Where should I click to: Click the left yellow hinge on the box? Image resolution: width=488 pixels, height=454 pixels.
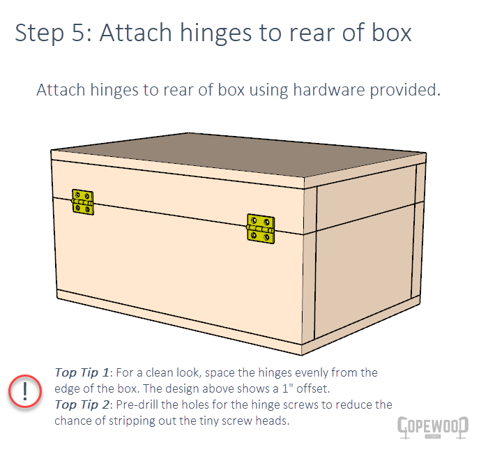[x=83, y=202]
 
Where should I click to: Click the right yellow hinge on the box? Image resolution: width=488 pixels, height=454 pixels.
[x=261, y=229]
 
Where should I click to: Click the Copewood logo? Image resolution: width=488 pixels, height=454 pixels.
[x=432, y=426]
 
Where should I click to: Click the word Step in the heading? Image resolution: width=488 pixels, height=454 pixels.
[x=40, y=33]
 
